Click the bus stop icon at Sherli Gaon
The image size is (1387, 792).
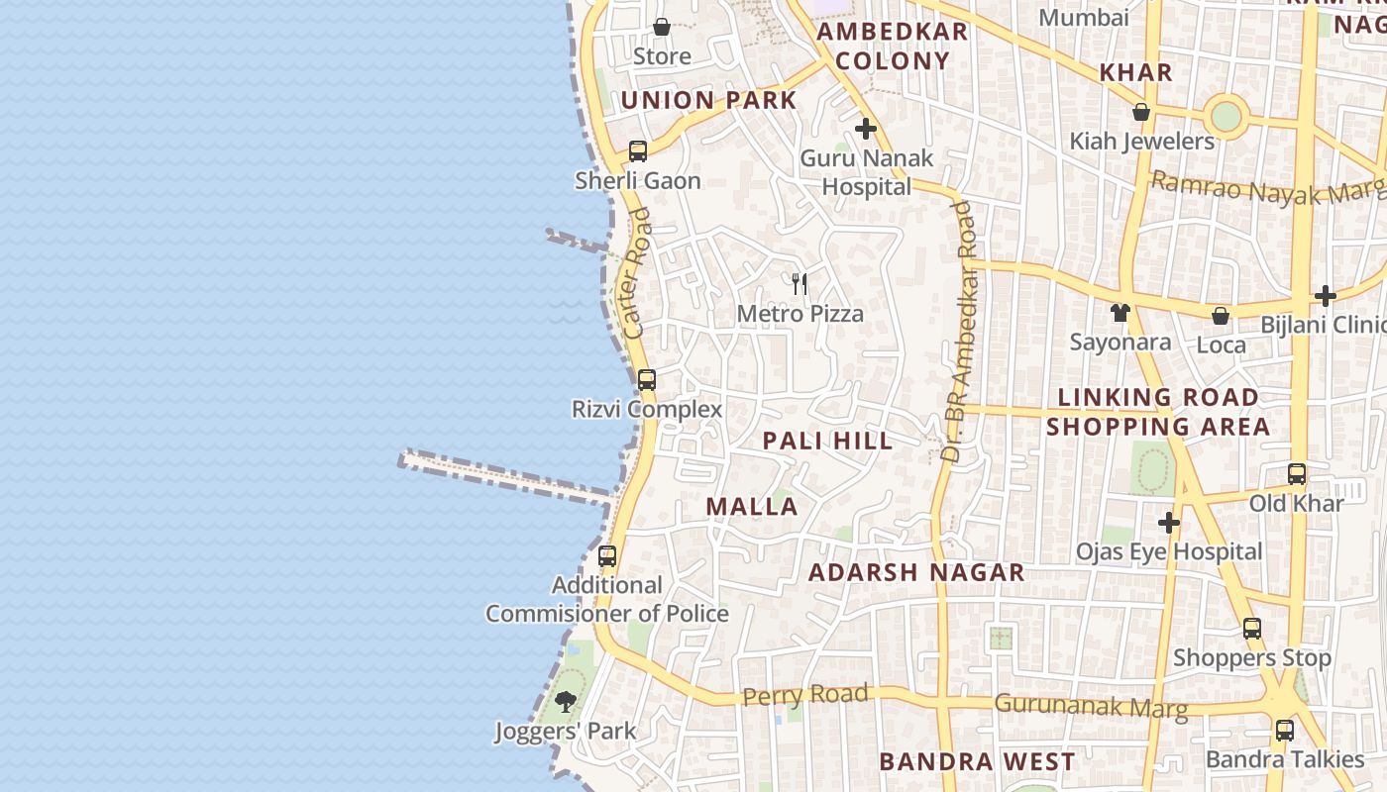638,151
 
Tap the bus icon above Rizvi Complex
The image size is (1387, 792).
647,379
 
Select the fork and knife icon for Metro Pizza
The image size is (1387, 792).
800,284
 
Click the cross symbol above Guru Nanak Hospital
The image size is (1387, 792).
866,129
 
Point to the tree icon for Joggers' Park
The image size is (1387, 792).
566,702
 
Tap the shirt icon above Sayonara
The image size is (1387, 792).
1120,313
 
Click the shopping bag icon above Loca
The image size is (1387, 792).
1221,316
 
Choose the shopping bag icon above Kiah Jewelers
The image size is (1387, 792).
1141,112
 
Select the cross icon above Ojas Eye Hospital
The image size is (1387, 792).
1169,522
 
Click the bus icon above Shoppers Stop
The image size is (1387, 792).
1252,628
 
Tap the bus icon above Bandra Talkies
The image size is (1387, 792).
1285,731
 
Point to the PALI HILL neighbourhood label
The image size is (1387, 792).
828,441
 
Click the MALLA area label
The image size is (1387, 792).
752,507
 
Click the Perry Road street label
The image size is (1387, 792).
804,695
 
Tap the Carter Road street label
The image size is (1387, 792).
635,273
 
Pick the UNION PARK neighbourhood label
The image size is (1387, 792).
708,100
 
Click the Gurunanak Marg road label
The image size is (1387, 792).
1090,706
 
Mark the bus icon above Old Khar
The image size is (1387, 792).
1296,474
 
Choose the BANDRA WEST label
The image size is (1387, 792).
977,761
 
